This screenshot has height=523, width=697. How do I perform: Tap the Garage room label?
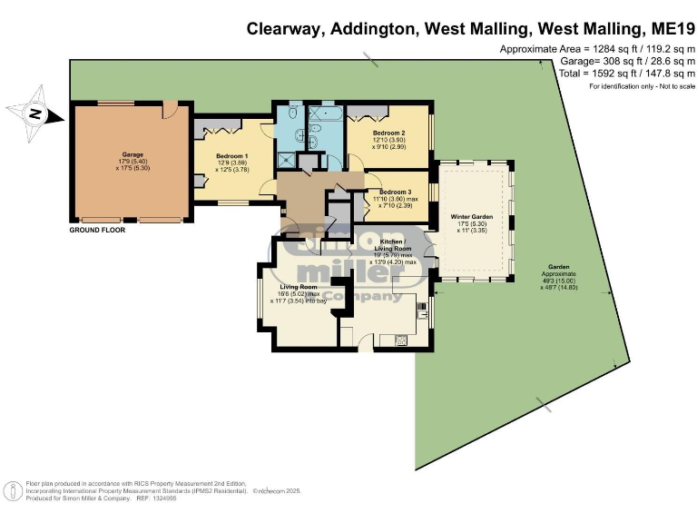tap(133, 154)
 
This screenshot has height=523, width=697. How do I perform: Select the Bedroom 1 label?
tap(231, 155)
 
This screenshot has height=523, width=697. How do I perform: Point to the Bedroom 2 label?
tap(388, 133)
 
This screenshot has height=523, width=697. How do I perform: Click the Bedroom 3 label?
tap(395, 192)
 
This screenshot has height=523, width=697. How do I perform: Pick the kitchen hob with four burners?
tap(400, 340)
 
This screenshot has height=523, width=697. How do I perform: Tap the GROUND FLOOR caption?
tap(97, 231)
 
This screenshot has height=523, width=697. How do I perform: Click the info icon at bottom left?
tap(15, 489)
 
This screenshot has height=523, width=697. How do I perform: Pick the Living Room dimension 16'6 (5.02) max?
tap(299, 292)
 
